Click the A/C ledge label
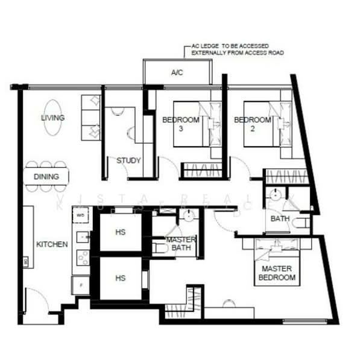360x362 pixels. pyautogui.click(x=177, y=73)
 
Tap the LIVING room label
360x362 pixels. pyautogui.click(x=52, y=118)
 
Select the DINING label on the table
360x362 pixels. pyautogui.click(x=46, y=177)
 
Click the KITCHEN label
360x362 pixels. pyautogui.click(x=52, y=244)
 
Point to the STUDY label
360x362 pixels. pyautogui.click(x=128, y=160)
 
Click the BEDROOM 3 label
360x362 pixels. pyautogui.click(x=180, y=124)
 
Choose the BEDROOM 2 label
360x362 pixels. pyautogui.click(x=252, y=124)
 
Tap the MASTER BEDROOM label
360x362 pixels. pyautogui.click(x=277, y=273)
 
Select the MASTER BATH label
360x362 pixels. pyautogui.click(x=180, y=244)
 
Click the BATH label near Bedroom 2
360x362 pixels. pyautogui.click(x=280, y=218)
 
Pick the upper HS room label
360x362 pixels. pyautogui.click(x=121, y=232)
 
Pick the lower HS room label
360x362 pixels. pyautogui.click(x=121, y=278)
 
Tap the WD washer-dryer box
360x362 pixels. pyautogui.click(x=80, y=213)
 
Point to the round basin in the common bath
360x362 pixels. pyautogui.click(x=274, y=195)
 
